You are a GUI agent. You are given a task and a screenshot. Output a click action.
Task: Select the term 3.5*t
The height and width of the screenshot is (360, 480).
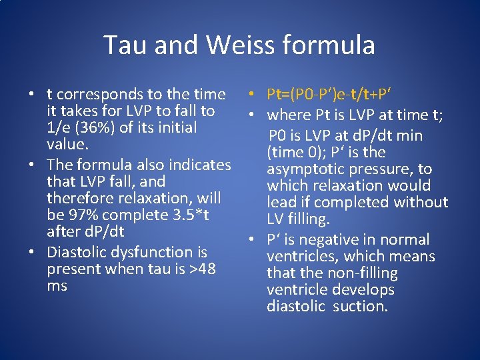coord(189,215)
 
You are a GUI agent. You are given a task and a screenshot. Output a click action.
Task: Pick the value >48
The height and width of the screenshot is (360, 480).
coord(201,269)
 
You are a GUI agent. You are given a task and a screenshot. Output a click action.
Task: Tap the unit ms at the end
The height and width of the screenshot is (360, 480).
coord(57,286)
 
